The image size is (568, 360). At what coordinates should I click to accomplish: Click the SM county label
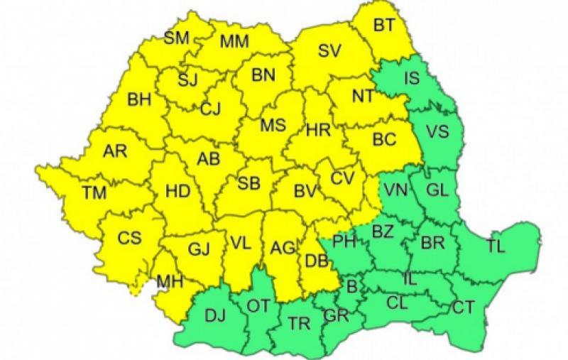pyautogui.click(x=176, y=38)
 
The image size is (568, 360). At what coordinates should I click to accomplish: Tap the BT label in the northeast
pyautogui.click(x=384, y=26)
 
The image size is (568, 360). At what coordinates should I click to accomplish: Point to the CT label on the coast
pyautogui.click(x=464, y=308)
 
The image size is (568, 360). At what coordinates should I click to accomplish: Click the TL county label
pyautogui.click(x=496, y=246)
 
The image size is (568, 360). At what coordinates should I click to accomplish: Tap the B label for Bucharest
pyautogui.click(x=351, y=287)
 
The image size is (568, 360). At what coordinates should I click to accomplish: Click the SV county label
pyautogui.click(x=329, y=50)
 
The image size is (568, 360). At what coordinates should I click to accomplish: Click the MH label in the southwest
pyautogui.click(x=170, y=283)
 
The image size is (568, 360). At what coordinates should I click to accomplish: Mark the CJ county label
pyautogui.click(x=210, y=109)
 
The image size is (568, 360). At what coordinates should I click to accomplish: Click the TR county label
pyautogui.click(x=300, y=323)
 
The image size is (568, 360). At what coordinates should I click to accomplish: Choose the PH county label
pyautogui.click(x=344, y=242)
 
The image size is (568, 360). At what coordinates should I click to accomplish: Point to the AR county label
pyautogui.click(x=115, y=151)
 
